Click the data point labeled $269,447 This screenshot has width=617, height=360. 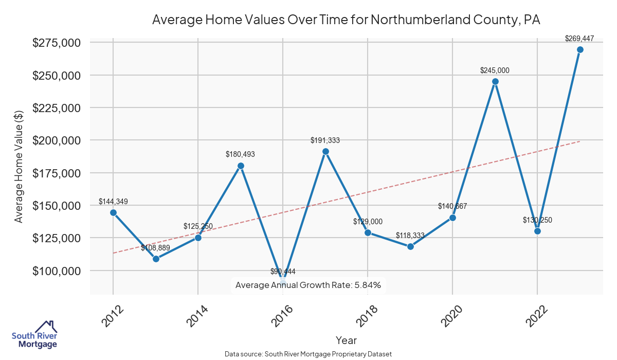click(580, 49)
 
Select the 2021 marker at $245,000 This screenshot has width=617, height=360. click(495, 81)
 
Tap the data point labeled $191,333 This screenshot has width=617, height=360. click(325, 151)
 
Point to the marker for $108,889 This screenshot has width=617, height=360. click(156, 259)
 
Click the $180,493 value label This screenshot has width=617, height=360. click(240, 154)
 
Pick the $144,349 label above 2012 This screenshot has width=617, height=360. click(113, 201)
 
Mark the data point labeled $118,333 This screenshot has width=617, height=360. click(410, 246)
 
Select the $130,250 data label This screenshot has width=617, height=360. click(537, 220)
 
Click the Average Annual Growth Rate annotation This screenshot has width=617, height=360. click(308, 285)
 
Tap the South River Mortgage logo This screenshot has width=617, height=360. click(34, 335)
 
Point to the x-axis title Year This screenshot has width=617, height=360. click(346, 340)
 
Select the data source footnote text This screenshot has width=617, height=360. click(308, 354)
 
